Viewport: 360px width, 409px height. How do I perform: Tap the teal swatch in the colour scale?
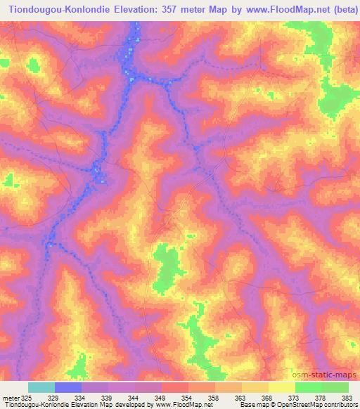pyautogui.click(x=41, y=387)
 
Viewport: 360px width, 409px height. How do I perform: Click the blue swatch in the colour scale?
pyautogui.click(x=68, y=387)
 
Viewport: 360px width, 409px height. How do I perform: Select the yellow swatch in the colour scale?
pyautogui.click(x=281, y=387)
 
